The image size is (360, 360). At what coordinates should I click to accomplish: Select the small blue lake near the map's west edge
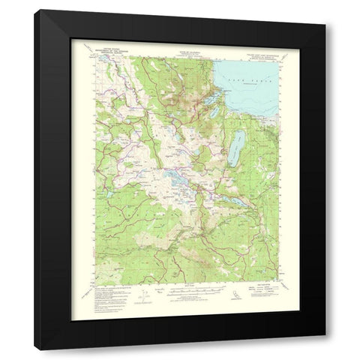[x=105, y=194]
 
